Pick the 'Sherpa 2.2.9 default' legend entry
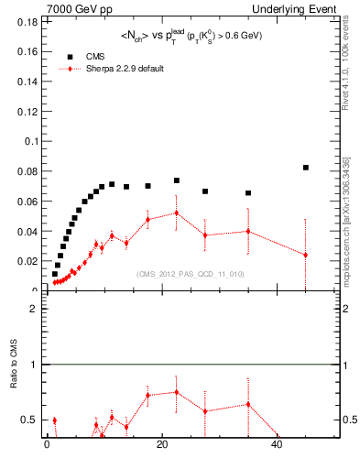117,69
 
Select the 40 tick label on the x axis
278,446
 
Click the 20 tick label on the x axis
162,446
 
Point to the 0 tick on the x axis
47,446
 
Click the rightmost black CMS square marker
306,168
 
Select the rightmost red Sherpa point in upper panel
306,255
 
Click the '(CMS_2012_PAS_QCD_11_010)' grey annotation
178,274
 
